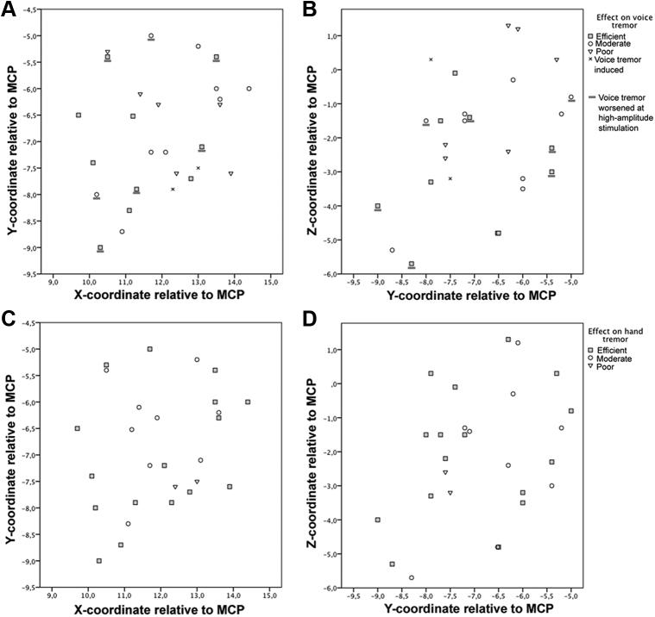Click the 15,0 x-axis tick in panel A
(x=270, y=281)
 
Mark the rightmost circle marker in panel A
(x=249, y=89)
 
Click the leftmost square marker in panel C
(x=78, y=428)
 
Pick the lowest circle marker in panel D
(x=412, y=577)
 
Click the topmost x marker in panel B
(x=431, y=59)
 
